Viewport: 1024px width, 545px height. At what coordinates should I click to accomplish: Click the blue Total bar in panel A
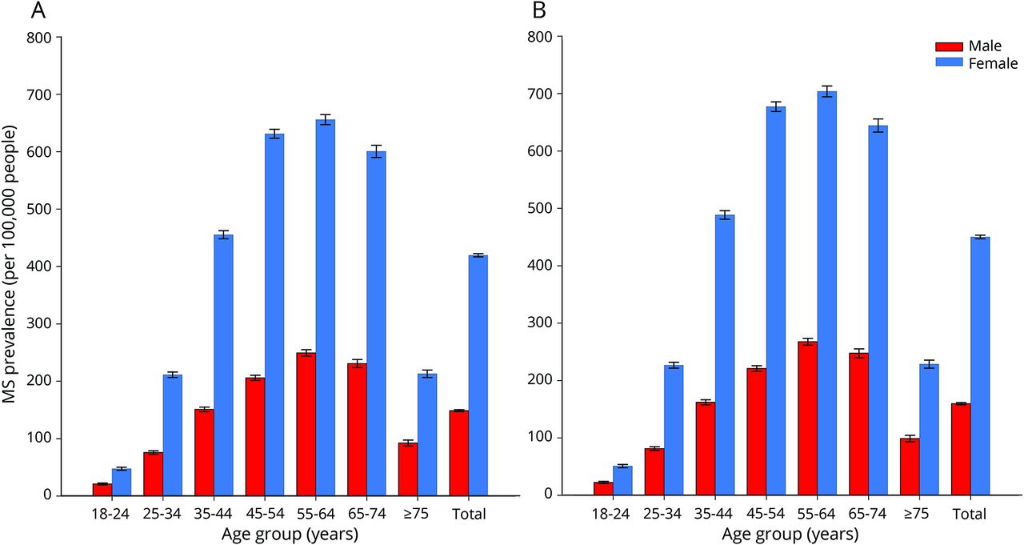click(478, 375)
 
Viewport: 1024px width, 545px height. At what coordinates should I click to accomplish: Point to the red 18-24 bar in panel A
click(102, 489)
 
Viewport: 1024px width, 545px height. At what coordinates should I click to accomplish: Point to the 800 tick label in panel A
click(39, 38)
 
